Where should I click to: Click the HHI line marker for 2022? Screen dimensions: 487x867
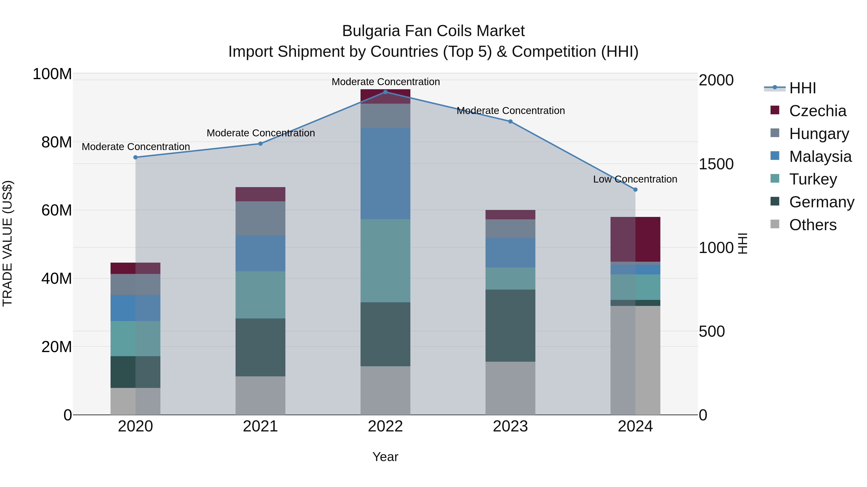pos(385,92)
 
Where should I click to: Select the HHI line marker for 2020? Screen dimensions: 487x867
pos(136,157)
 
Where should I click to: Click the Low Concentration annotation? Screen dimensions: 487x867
pos(635,179)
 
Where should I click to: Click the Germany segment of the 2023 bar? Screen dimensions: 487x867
pos(510,325)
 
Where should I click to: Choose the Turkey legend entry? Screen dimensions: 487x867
pos(813,179)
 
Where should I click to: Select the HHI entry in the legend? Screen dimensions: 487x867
pos(802,88)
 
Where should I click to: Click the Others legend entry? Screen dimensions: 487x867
pos(813,225)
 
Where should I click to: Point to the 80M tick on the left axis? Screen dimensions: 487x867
pos(57,142)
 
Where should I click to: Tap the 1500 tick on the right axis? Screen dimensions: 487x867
pos(716,164)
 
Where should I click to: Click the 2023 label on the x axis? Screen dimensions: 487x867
pos(510,426)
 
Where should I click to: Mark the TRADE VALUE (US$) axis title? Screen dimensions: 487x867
pos(7,243)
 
